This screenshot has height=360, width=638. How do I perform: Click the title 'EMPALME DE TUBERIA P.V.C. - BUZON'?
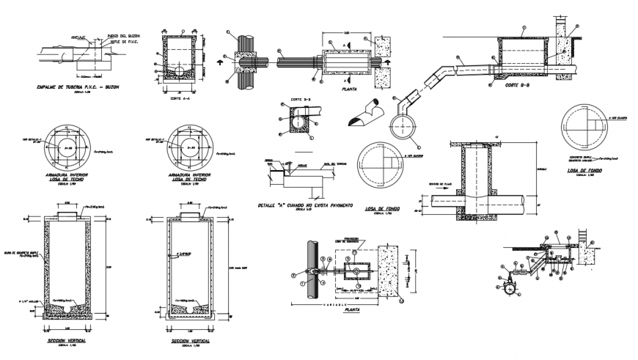[78, 87]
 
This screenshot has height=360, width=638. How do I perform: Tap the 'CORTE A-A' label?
[181, 98]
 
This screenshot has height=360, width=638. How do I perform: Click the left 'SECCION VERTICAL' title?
[65, 342]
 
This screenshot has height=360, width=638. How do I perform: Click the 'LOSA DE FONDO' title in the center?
[381, 209]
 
